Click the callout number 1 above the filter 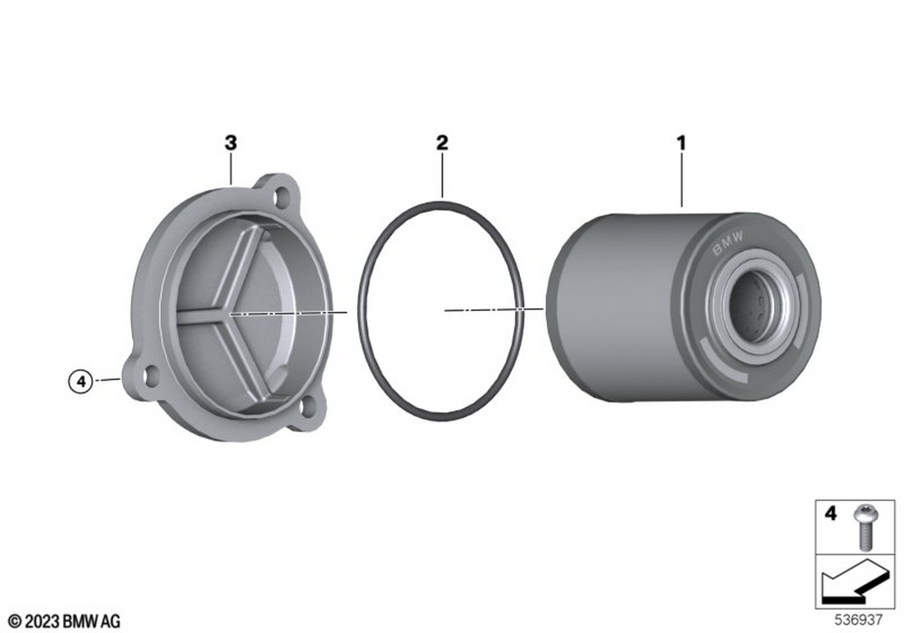[x=682, y=142]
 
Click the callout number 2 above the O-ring [x=442, y=142]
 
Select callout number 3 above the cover [x=231, y=142]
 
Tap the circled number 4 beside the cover [x=80, y=381]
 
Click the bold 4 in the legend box [x=830, y=513]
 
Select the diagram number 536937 [x=859, y=620]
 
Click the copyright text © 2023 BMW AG [x=64, y=621]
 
